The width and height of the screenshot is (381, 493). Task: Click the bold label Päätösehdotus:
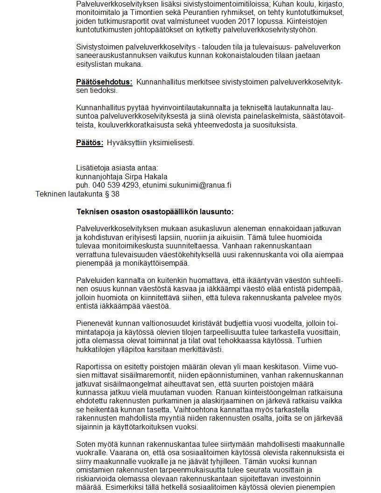tap(104, 82)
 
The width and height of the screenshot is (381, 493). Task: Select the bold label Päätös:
tap(90, 142)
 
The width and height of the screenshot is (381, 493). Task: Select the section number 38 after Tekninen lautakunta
tap(115, 194)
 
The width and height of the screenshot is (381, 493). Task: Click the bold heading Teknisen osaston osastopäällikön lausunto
tap(155, 211)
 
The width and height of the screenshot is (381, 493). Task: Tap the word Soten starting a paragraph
tap(86, 444)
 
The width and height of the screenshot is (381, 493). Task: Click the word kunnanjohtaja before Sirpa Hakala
tap(99, 176)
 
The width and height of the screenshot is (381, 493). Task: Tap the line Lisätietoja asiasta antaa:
tap(117, 168)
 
